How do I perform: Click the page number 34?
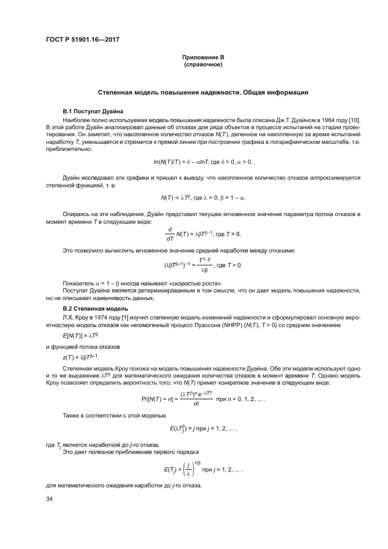(x=49, y=499)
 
